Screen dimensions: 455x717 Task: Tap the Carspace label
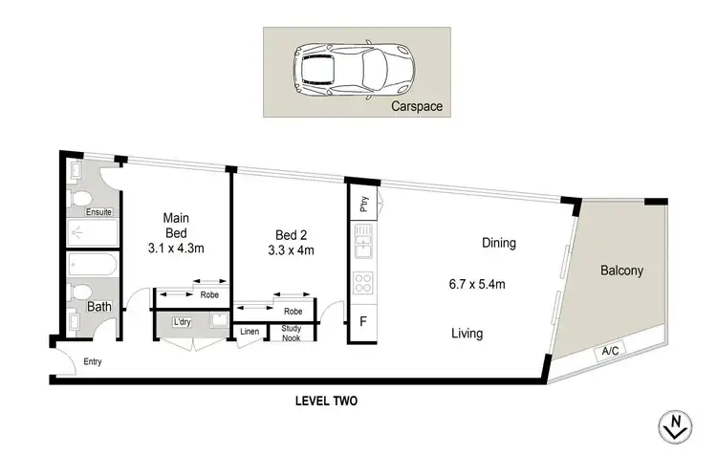[417, 107]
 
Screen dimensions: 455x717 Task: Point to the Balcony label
[621, 271]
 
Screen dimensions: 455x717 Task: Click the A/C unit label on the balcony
[609, 351]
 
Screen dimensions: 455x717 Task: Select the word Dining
[499, 243]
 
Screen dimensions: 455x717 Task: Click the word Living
[467, 334]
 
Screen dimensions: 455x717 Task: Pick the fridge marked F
[361, 322]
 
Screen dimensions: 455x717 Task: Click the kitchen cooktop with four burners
[363, 283]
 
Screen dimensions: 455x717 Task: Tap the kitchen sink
[363, 249]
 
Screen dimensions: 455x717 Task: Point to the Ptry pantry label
[364, 204]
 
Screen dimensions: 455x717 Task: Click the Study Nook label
[291, 335]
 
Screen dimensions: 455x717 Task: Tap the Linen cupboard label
[250, 332]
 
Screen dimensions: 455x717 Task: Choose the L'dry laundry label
[182, 321]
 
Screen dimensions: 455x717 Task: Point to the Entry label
[92, 362]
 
